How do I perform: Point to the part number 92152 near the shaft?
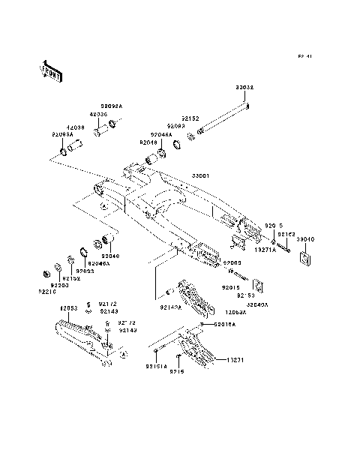click(191, 118)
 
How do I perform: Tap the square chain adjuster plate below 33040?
click(305, 258)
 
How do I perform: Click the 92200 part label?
click(60, 284)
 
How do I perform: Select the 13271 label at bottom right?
click(238, 358)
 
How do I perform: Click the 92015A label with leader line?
click(225, 324)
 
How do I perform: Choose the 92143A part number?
click(150, 307)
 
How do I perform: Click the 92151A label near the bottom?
click(157, 366)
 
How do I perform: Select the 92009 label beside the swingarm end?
click(231, 262)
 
